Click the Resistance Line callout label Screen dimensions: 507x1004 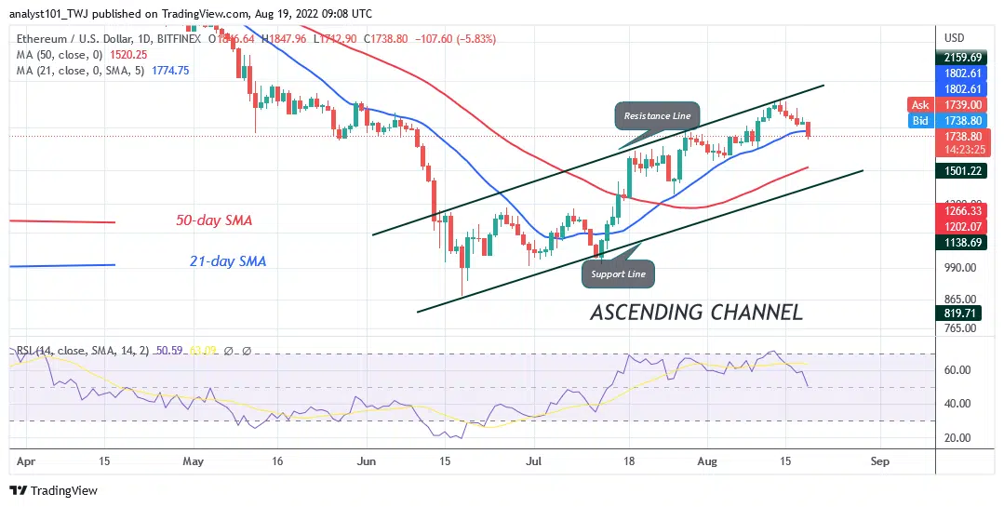click(x=656, y=115)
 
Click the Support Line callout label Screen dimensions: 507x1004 click(x=618, y=274)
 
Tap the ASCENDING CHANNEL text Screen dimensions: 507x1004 click(x=696, y=313)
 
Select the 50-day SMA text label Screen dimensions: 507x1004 click(x=214, y=221)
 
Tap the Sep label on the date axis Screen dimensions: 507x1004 click(x=880, y=460)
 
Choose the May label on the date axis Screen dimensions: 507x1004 click(x=194, y=460)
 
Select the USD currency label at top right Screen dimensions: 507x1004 click(x=955, y=38)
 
